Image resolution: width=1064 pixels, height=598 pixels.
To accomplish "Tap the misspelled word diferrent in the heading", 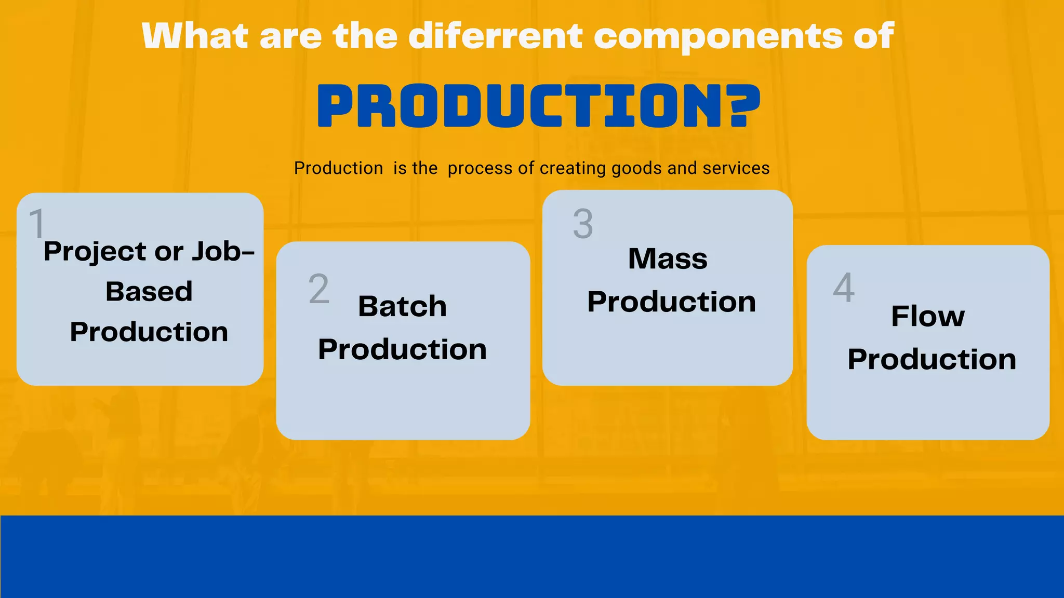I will (x=496, y=36).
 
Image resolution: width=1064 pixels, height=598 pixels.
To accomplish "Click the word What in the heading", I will (x=195, y=36).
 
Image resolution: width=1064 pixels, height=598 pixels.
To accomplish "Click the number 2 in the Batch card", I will (x=318, y=289).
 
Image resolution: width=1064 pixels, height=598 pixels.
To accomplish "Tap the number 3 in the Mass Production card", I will (x=583, y=224).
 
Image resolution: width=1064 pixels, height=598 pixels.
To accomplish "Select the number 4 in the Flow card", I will (x=844, y=288).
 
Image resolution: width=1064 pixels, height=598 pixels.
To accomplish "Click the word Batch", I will (x=402, y=306).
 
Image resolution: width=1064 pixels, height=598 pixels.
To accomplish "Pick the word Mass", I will (x=668, y=259).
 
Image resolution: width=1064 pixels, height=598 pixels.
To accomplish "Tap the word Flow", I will (x=928, y=316).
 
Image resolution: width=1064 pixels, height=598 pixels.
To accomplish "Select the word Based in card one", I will (x=149, y=291).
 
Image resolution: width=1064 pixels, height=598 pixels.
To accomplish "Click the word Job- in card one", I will (x=223, y=251).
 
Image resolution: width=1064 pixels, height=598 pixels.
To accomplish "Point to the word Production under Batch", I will (x=402, y=349).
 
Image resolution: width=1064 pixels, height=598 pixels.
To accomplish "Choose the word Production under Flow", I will (x=932, y=359).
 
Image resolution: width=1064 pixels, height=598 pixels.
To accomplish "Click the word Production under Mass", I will (x=671, y=302).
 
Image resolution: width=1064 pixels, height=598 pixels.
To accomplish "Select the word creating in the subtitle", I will (x=573, y=169).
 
